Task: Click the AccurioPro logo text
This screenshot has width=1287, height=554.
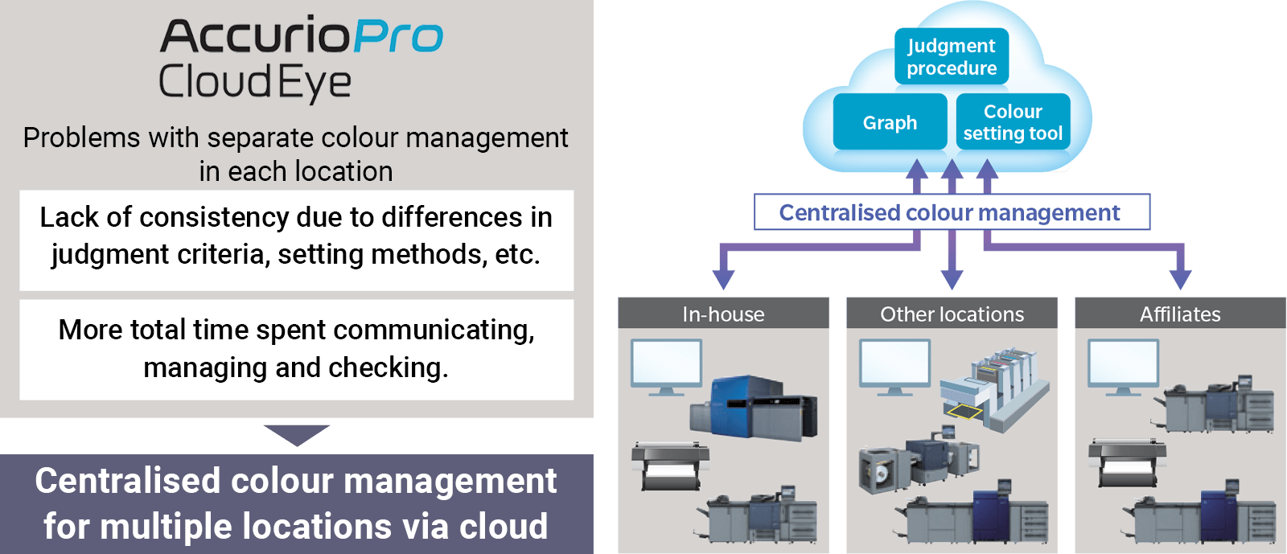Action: [x=302, y=35]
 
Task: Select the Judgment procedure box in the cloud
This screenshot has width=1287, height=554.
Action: [x=952, y=56]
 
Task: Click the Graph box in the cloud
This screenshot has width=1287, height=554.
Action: [x=890, y=121]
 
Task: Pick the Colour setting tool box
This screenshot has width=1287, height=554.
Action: [x=1013, y=121]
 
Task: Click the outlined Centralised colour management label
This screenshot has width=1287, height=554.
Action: [x=952, y=211]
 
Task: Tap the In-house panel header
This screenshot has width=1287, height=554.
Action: [x=723, y=313]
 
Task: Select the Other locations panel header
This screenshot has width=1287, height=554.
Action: [x=952, y=313]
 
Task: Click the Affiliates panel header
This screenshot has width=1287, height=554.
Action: [x=1180, y=313]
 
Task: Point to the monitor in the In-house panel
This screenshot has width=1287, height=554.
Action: [x=667, y=367]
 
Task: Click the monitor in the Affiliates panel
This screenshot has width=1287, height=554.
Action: [x=1123, y=367]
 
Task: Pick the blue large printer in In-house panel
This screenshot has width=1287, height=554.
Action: [x=754, y=408]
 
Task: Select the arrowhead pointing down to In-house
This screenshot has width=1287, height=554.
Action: [x=723, y=279]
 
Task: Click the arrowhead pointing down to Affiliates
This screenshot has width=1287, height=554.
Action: [x=1180, y=279]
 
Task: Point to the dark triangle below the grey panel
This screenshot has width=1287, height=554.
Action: [x=297, y=434]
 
